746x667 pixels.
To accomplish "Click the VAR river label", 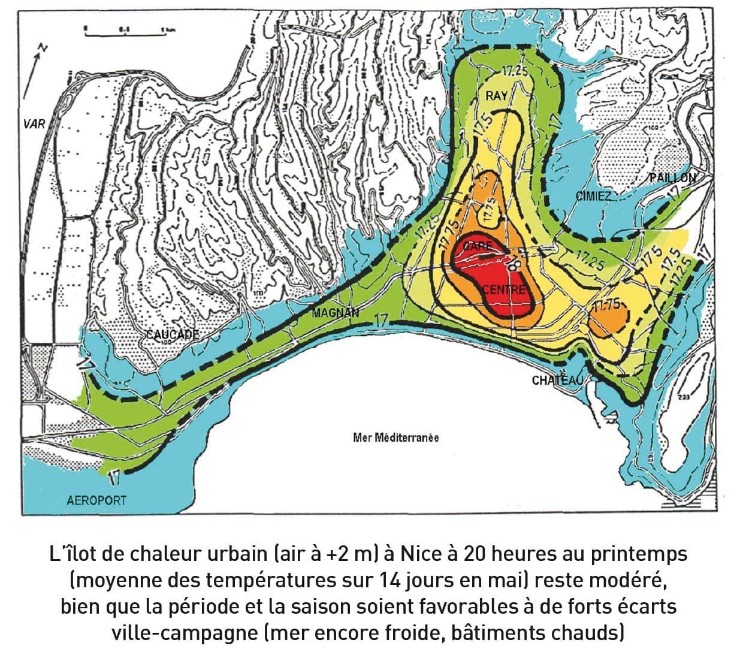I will (34, 124).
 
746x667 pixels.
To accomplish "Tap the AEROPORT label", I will (96, 500).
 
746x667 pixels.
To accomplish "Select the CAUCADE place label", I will (173, 334).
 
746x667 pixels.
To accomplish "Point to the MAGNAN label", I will (336, 312).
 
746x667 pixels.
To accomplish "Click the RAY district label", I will (496, 95).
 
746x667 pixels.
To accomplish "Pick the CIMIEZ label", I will (593, 196).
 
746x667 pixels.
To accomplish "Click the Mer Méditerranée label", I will (395, 437).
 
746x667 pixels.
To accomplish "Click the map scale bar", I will (125, 33).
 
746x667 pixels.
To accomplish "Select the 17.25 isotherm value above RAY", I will (515, 71).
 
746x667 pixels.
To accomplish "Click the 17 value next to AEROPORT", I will (115, 478).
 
